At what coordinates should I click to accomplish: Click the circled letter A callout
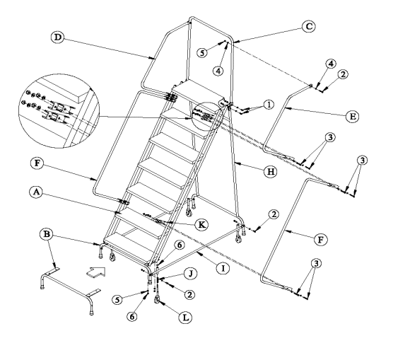pos(36,192)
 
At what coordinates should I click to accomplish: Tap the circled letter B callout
pos(47,234)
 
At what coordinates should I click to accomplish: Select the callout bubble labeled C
pos(309,26)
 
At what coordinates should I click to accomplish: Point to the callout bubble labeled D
pos(58,37)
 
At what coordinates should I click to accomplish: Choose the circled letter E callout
pos(352,117)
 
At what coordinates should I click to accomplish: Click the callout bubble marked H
pos(271,172)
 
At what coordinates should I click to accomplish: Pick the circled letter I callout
pos(223,269)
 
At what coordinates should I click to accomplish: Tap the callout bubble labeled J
pos(191,274)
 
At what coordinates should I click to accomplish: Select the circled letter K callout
pos(201,224)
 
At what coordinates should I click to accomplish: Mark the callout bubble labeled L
pos(185,318)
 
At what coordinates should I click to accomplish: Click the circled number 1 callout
pos(269,105)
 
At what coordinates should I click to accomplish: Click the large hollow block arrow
pos(96,272)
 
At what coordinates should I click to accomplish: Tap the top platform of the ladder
pos(199,93)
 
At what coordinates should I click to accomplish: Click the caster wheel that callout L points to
pos(158,300)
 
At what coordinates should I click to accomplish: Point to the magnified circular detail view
pos(59,110)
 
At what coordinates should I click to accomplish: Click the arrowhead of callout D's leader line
pos(153,59)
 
